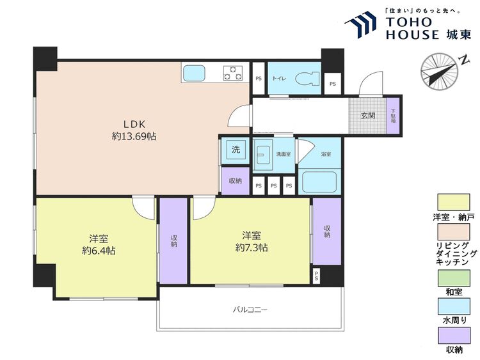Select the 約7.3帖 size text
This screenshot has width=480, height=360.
pos(251,247)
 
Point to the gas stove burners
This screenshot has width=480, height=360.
pos(232,73)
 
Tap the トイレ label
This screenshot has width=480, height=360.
pos(279,79)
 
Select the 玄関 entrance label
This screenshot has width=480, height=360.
pos(367,116)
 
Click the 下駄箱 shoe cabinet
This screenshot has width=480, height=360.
pos(394,116)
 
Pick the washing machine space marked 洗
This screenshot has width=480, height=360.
pos(235,150)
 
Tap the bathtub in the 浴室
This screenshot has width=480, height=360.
pos(318,182)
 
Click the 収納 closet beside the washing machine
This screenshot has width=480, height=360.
pos(235,181)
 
